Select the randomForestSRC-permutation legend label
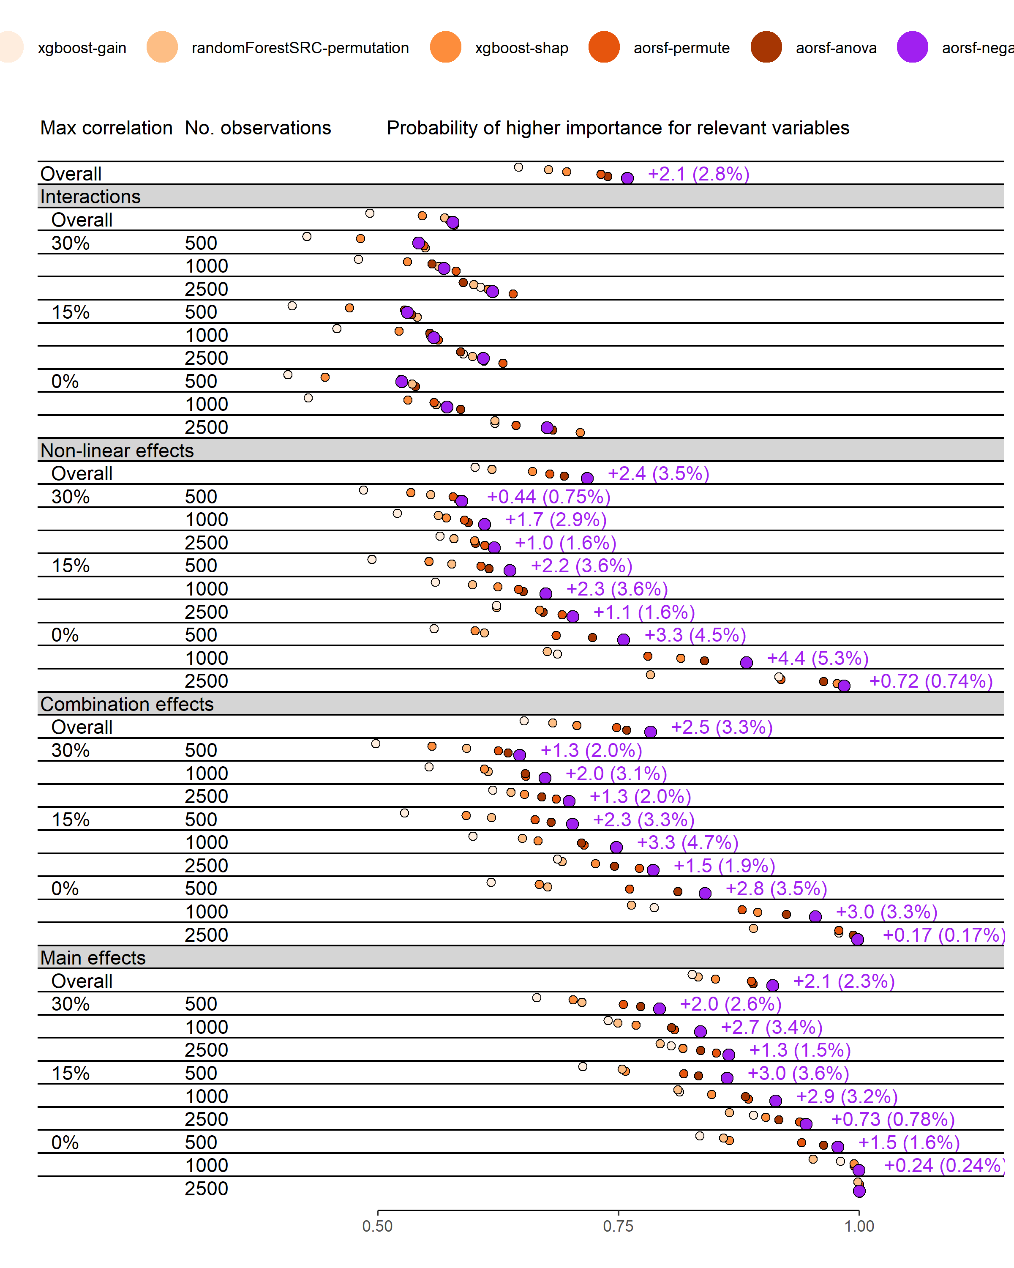click(x=300, y=48)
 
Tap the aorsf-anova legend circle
click(x=766, y=47)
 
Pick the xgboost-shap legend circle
click(x=446, y=47)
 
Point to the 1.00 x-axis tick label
click(x=859, y=1226)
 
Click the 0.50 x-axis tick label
click(x=377, y=1226)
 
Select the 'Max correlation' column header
click(x=106, y=128)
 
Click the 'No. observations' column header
click(x=258, y=128)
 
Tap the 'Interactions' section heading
click(x=90, y=197)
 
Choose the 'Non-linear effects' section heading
click(x=117, y=451)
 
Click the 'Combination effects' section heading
click(x=127, y=704)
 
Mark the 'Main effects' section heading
click(x=93, y=958)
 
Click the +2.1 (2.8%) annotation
click(x=698, y=174)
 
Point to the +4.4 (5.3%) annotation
click(x=818, y=658)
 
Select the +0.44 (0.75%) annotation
click(x=548, y=497)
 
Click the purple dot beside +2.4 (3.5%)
click(x=587, y=478)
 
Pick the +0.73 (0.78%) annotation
click(x=893, y=1119)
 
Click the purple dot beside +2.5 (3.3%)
click(x=650, y=732)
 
